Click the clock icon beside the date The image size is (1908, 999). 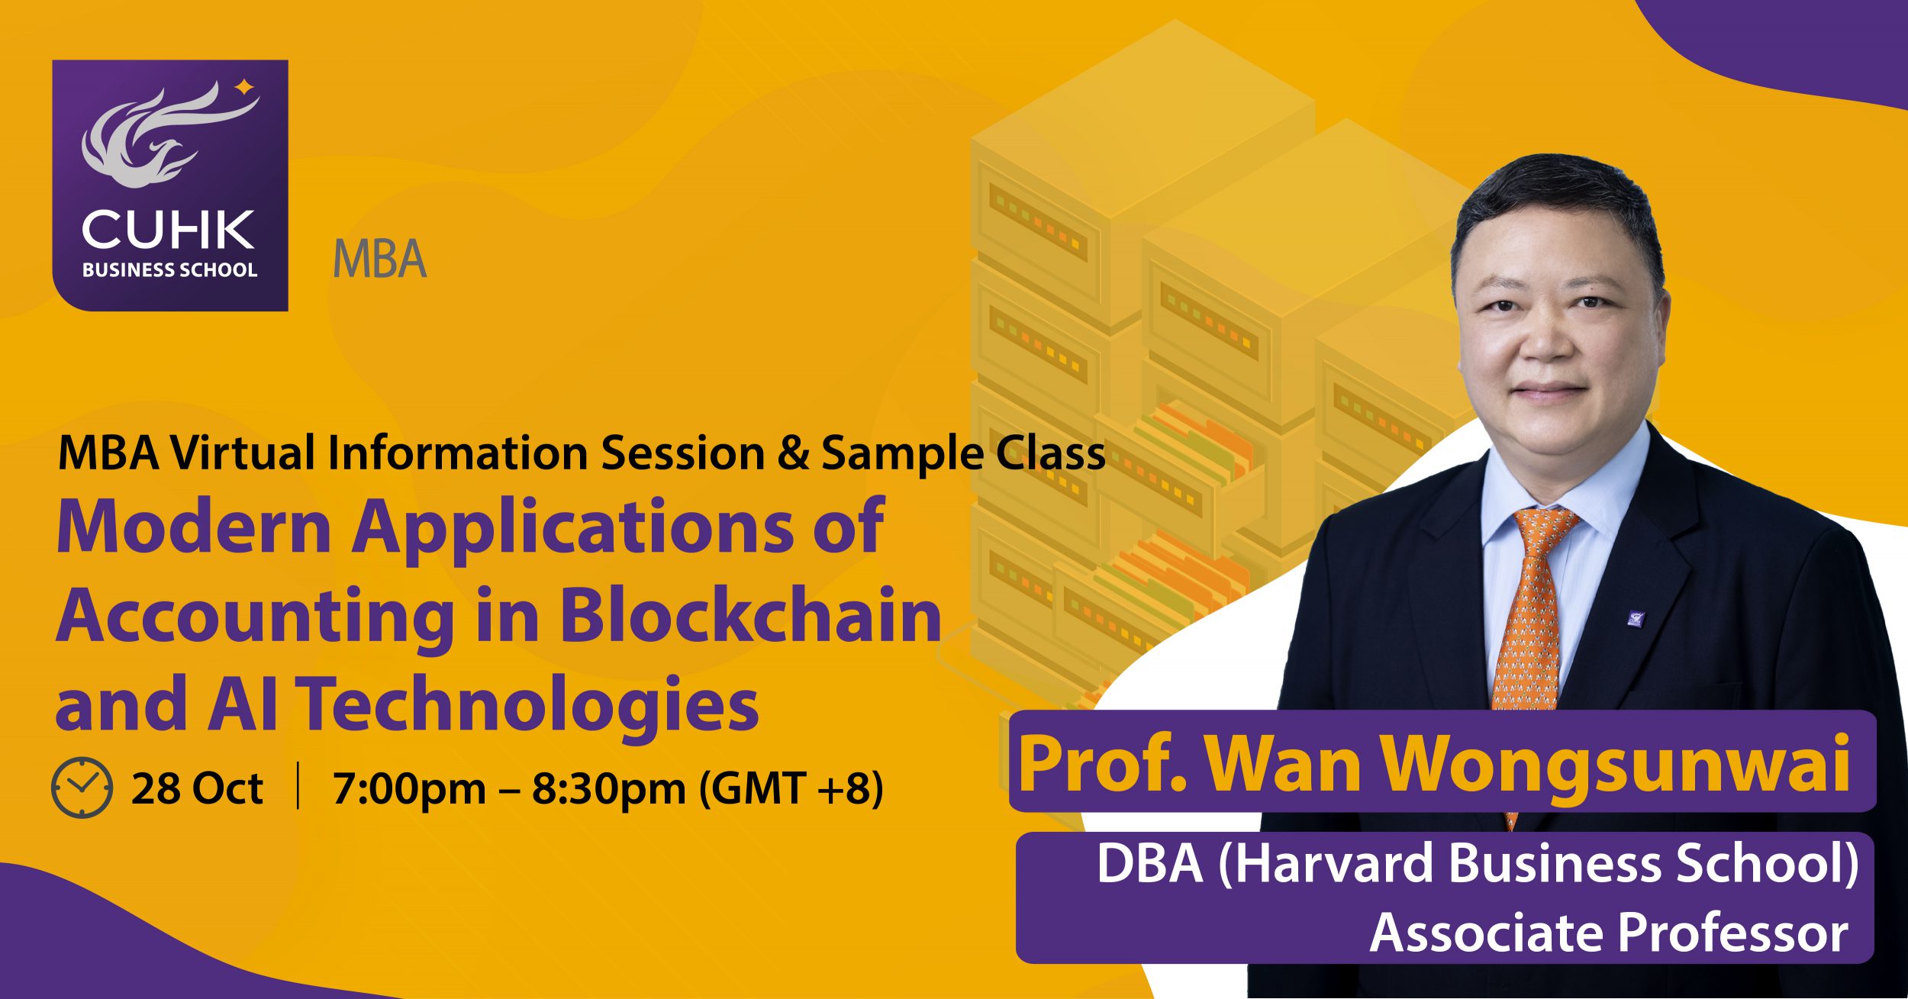pos(82,788)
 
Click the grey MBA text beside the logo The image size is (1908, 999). pos(380,259)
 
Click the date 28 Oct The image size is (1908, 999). pos(197,788)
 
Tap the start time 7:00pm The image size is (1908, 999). pos(409,789)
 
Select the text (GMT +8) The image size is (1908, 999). pos(791,789)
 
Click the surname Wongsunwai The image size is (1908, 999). pos(1616,763)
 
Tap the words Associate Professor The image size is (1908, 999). pos(1609,933)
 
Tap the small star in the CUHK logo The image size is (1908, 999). pos(244,87)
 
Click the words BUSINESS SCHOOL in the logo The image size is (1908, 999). pos(169,270)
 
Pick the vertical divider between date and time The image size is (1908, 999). pos(298,788)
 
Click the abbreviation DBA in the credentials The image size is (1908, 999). pos(1150,863)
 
